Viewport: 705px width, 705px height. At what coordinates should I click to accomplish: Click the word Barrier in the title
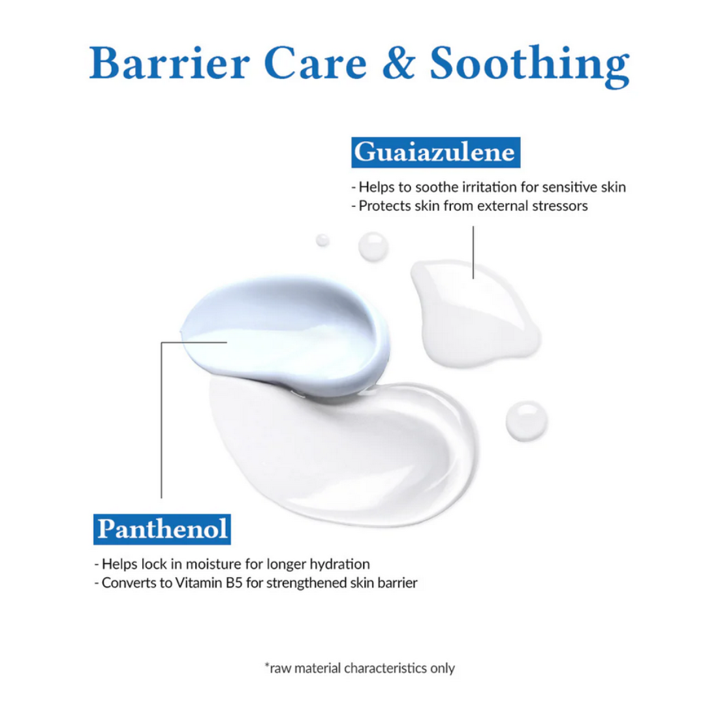[170, 63]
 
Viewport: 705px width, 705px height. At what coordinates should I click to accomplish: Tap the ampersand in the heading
[398, 63]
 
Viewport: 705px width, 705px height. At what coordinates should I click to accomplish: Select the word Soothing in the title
[529, 66]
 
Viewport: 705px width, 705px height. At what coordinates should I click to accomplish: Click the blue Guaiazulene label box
[435, 152]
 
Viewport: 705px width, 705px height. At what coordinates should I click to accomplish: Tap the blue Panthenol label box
[162, 529]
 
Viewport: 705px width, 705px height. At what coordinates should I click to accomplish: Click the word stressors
[560, 206]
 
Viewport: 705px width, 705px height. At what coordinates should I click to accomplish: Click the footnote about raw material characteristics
[360, 668]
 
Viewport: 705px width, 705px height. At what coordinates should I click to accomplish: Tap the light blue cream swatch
[285, 335]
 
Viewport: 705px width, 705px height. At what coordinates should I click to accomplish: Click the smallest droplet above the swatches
[322, 240]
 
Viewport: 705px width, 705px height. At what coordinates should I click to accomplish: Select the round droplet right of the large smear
[527, 421]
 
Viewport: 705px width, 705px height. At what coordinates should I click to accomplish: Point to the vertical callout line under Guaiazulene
[473, 252]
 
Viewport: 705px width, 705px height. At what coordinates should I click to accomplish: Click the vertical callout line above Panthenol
[161, 420]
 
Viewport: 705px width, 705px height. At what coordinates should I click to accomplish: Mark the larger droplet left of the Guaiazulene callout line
[373, 246]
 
